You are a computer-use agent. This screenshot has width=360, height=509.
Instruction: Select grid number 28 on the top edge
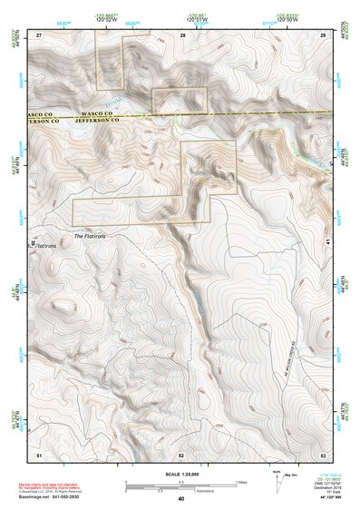182,34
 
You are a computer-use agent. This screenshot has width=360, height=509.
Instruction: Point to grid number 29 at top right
323,34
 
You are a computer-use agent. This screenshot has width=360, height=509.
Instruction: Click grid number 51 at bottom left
39,453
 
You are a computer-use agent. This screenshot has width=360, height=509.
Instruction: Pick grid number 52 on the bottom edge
181,453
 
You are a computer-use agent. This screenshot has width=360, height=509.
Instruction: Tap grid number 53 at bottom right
323,453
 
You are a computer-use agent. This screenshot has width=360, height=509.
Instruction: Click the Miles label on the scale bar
241,481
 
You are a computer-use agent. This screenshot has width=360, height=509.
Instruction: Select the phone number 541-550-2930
89,497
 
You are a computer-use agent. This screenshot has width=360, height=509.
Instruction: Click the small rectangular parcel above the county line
181,99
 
